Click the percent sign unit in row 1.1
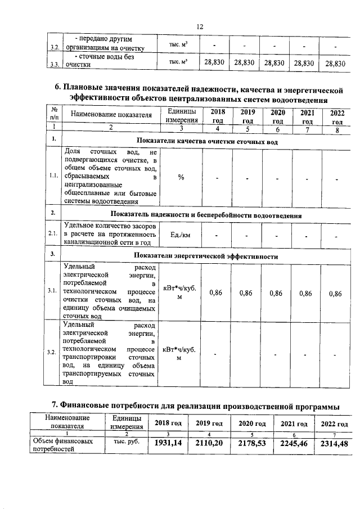(x=181, y=177)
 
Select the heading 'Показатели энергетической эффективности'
(x=206, y=256)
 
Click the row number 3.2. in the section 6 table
(x=53, y=352)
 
